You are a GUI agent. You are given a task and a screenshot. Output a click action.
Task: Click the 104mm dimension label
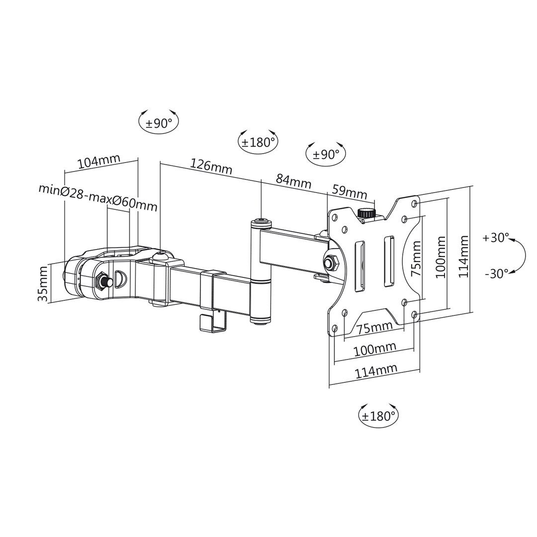(98, 161)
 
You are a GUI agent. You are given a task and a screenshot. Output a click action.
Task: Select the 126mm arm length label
(211, 166)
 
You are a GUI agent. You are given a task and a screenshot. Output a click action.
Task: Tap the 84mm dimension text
(293, 180)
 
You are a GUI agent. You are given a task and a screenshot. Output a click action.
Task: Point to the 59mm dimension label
(349, 191)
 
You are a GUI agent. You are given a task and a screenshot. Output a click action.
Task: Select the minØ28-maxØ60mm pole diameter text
(98, 196)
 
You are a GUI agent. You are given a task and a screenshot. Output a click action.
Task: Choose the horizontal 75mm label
(374, 328)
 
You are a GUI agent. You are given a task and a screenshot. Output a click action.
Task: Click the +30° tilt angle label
(496, 238)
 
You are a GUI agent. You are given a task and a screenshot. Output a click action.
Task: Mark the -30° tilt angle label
(496, 273)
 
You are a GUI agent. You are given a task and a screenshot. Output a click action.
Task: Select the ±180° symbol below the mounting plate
(378, 415)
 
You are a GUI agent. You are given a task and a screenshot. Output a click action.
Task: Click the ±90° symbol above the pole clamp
(159, 122)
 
